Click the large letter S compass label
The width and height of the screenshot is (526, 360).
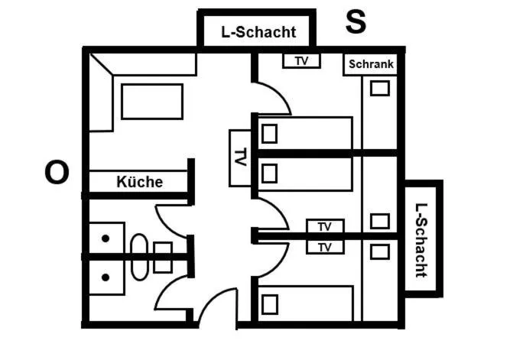[x=355, y=22]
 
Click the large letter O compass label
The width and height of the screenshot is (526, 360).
[x=57, y=173]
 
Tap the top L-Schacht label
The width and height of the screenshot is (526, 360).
[x=258, y=32]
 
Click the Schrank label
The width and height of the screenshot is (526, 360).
[x=371, y=64]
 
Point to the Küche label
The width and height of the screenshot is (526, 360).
[x=139, y=182]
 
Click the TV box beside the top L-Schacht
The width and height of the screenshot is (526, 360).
[x=301, y=60]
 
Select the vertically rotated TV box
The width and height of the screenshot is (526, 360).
[x=240, y=158]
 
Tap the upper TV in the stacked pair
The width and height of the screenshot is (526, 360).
[x=325, y=226]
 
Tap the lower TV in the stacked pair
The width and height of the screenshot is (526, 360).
[x=325, y=247]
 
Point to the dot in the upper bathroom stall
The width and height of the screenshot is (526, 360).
[x=106, y=238]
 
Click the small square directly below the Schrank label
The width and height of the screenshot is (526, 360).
[x=379, y=88]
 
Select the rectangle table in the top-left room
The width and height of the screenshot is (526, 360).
[x=151, y=102]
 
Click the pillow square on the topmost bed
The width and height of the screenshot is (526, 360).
[x=269, y=134]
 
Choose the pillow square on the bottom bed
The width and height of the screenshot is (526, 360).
[x=269, y=304]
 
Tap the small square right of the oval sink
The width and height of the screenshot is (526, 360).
[x=163, y=257]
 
